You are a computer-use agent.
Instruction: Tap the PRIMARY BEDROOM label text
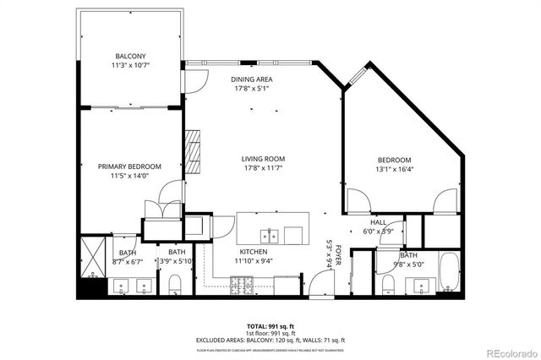point(128,166)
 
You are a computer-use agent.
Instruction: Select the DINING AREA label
point(251,79)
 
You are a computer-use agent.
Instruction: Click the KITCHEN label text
point(254,252)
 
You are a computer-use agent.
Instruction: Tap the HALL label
point(378,222)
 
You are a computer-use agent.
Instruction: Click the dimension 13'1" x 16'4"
point(394,169)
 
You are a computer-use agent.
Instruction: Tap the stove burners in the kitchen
point(242,288)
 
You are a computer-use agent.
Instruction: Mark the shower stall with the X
point(91,258)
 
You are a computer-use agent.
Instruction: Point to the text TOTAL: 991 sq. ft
point(270,325)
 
